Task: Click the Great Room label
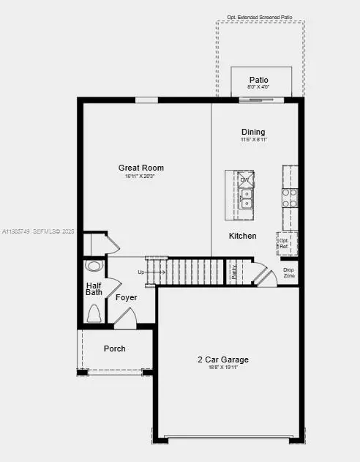(x=141, y=168)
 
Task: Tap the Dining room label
(x=253, y=132)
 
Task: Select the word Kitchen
(x=243, y=236)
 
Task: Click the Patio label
(x=259, y=80)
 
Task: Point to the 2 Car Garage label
(x=223, y=359)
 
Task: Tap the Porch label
(x=114, y=349)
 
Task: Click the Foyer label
(x=127, y=297)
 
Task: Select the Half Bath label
(x=94, y=289)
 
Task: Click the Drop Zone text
(x=289, y=272)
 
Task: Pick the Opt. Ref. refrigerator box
(x=284, y=243)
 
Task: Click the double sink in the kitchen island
(x=246, y=198)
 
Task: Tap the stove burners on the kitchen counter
(x=290, y=197)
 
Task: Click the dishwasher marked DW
(x=245, y=179)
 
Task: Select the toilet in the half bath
(x=94, y=315)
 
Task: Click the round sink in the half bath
(x=93, y=267)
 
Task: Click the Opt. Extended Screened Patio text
(x=260, y=16)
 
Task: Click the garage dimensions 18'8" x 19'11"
(x=223, y=368)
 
